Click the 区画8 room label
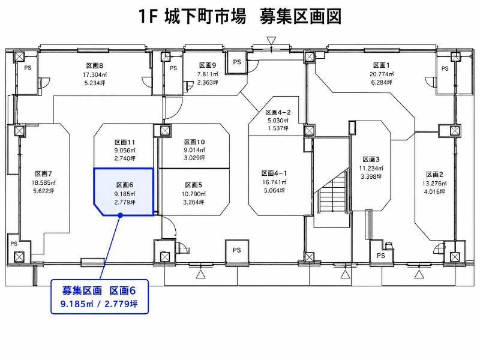(x=95, y=65)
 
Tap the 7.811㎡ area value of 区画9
(x=208, y=74)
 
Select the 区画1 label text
(x=382, y=65)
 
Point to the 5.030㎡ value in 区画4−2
(x=278, y=121)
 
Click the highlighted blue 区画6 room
(x=124, y=191)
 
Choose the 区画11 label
(x=125, y=142)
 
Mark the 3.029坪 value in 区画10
(x=194, y=158)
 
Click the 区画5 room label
(x=193, y=185)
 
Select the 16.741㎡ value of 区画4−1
(x=274, y=182)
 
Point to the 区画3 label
(x=371, y=160)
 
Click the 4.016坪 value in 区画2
(x=434, y=191)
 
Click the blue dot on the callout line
(x=121, y=215)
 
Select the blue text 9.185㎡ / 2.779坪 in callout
(x=99, y=304)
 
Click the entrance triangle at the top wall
(x=271, y=40)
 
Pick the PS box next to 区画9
(x=237, y=62)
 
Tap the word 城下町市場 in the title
(x=205, y=17)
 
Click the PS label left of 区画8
(x=28, y=68)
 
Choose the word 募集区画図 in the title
(x=301, y=17)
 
